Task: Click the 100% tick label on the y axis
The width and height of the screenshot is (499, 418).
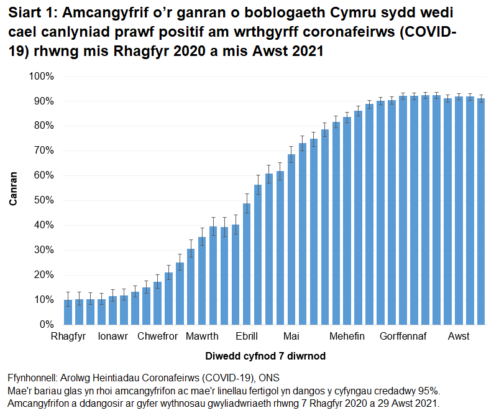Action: pos(42,76)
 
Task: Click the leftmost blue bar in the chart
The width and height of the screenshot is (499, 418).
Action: pos(68,312)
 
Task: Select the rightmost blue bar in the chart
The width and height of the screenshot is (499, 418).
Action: pos(481,211)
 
